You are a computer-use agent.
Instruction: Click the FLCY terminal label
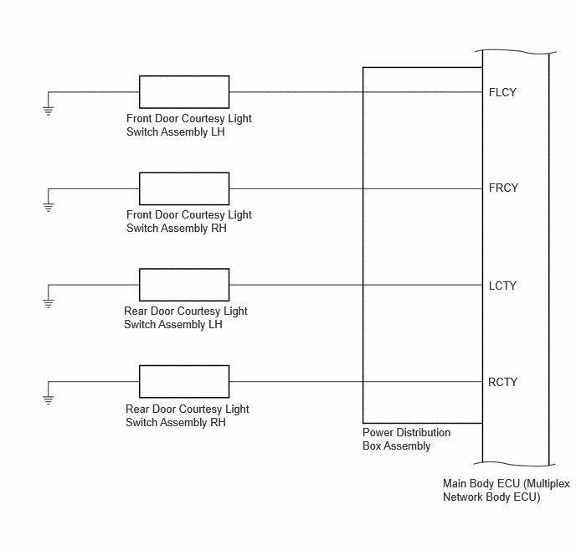[x=502, y=92]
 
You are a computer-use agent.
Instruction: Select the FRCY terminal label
[x=503, y=188]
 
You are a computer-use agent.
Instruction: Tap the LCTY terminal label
[x=502, y=286]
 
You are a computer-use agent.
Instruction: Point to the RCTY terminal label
[x=502, y=382]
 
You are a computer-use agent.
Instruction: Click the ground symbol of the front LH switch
[x=48, y=111]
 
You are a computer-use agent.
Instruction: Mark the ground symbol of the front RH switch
[x=48, y=207]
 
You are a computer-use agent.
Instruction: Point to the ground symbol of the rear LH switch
[x=48, y=303]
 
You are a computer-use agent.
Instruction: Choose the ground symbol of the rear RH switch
[x=48, y=400]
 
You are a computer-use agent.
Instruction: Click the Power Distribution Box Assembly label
[x=406, y=440]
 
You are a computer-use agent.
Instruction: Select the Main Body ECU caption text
[x=507, y=491]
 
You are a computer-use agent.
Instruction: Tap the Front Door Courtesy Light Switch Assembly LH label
[x=189, y=126]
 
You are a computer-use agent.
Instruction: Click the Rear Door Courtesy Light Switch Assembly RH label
[x=188, y=416]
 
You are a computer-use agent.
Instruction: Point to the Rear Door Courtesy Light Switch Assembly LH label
[x=186, y=317]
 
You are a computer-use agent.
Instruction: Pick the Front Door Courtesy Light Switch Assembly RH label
[x=189, y=222]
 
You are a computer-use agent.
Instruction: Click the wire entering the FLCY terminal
[x=356, y=92]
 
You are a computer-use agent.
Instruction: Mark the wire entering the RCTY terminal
[x=356, y=382]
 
